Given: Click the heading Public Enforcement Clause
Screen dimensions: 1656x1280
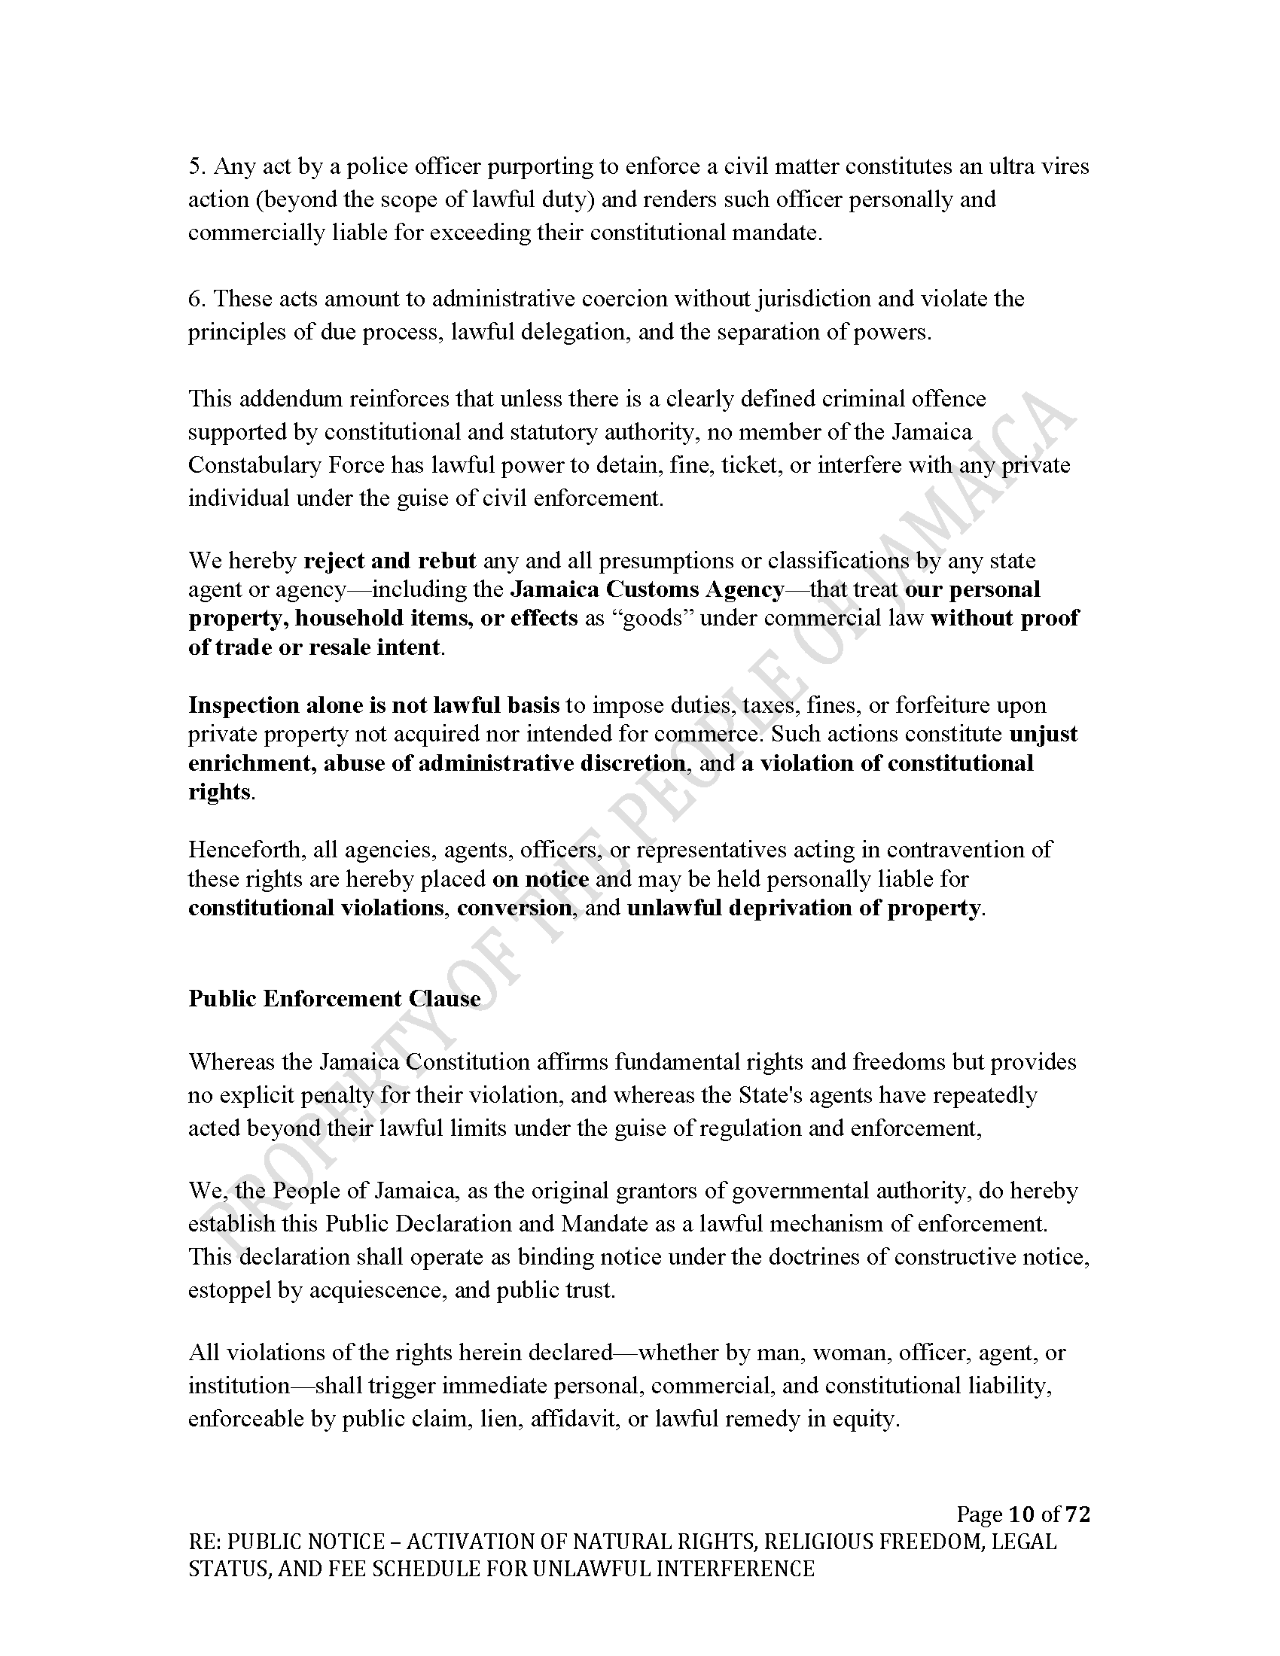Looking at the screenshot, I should click(334, 999).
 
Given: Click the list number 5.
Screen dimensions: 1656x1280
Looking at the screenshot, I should click(195, 166).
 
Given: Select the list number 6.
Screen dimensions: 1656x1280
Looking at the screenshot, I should click(195, 299).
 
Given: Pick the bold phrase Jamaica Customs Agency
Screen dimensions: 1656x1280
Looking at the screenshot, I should click(648, 589).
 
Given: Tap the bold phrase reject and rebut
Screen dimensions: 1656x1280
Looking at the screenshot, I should click(390, 560).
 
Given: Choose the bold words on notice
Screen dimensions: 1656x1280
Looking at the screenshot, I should click(540, 878).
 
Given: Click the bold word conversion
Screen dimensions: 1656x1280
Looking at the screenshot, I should click(514, 908).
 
